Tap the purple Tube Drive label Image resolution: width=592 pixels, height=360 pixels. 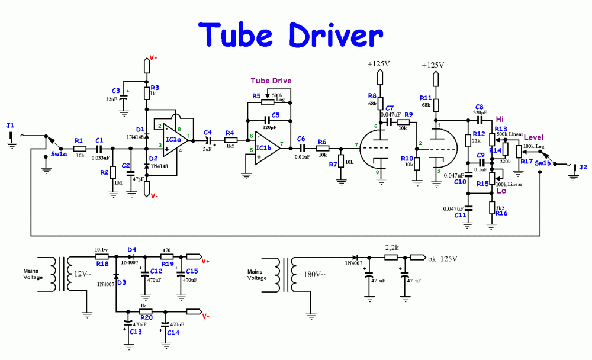pos(271,81)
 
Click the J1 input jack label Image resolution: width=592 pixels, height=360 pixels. pos(9,126)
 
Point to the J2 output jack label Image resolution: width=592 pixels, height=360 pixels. pos(583,167)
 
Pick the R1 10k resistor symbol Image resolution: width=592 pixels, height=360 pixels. pos(79,149)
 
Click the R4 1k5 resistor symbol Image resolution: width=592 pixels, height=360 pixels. pos(230,140)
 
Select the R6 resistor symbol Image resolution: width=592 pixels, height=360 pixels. pos(322,149)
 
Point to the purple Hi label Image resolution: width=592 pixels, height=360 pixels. pos(500,120)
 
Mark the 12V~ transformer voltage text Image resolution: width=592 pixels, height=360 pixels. pos(81,274)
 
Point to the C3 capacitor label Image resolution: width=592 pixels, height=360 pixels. pos(116,91)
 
